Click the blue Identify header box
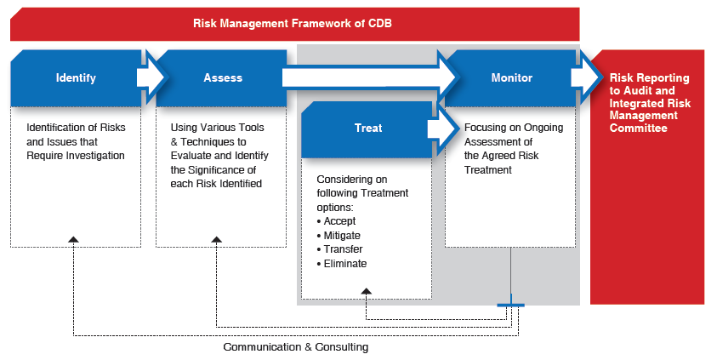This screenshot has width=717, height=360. click(x=76, y=78)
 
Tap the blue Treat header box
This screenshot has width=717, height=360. click(x=367, y=129)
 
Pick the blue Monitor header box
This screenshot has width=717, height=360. click(x=510, y=78)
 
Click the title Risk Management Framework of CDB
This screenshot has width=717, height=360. click(x=293, y=23)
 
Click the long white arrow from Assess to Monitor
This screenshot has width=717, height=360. click(x=370, y=77)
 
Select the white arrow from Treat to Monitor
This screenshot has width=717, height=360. click(x=443, y=129)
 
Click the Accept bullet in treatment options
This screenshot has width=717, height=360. click(x=336, y=221)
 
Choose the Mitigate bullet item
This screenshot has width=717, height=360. click(x=339, y=236)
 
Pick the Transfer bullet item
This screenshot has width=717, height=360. click(x=339, y=249)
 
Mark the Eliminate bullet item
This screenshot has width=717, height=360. click(x=342, y=264)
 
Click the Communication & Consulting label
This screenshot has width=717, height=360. click(x=296, y=347)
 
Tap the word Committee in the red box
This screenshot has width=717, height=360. click(x=639, y=128)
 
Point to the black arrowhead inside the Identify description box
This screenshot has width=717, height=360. click(x=73, y=239)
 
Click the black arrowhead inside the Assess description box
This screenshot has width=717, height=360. click(x=217, y=239)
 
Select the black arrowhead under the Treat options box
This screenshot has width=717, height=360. click(x=367, y=291)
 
